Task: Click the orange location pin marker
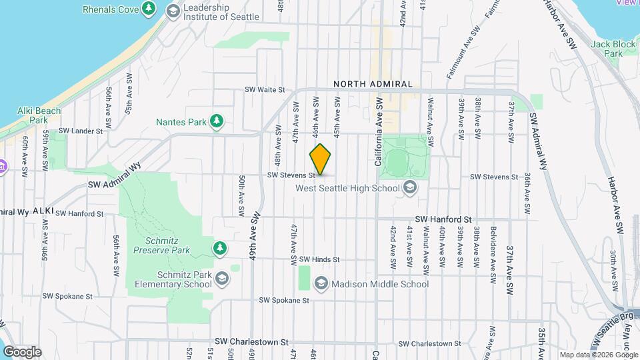[x=321, y=159]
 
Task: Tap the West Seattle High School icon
[x=410, y=188]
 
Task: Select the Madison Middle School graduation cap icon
[x=321, y=284]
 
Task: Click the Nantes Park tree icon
[x=217, y=121]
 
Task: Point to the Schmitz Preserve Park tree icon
[x=219, y=248]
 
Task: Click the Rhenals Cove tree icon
[x=151, y=9]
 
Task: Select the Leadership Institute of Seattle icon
[x=173, y=11]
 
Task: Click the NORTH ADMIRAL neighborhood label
[x=373, y=84]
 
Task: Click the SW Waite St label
[x=265, y=89]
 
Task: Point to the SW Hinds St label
[x=319, y=259]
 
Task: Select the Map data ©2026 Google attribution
[x=599, y=355]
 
